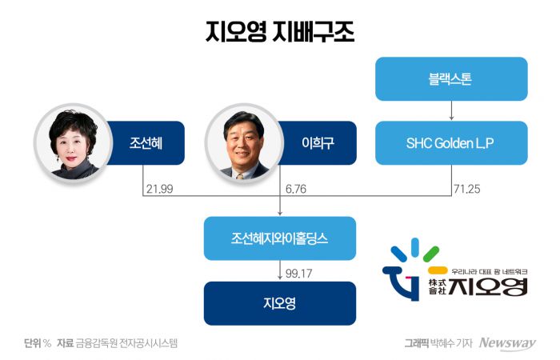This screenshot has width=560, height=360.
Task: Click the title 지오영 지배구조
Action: (279, 33)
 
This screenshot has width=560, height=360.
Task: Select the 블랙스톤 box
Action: (452, 78)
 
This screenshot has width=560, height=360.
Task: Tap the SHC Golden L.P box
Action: (452, 142)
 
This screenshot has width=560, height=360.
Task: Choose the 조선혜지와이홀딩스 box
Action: (279, 238)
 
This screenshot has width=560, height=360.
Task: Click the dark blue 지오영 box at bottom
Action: (279, 303)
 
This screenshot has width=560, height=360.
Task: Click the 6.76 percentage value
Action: (295, 190)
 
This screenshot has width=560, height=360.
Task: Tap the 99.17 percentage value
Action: (297, 273)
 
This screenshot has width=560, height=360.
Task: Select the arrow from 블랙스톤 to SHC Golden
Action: (452, 110)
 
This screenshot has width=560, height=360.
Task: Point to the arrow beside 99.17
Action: (279, 272)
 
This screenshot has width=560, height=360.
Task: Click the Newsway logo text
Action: (507, 343)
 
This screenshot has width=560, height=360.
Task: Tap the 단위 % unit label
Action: (38, 343)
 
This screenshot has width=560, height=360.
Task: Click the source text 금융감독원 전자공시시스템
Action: (126, 343)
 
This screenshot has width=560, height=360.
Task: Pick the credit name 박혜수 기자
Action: (452, 343)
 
